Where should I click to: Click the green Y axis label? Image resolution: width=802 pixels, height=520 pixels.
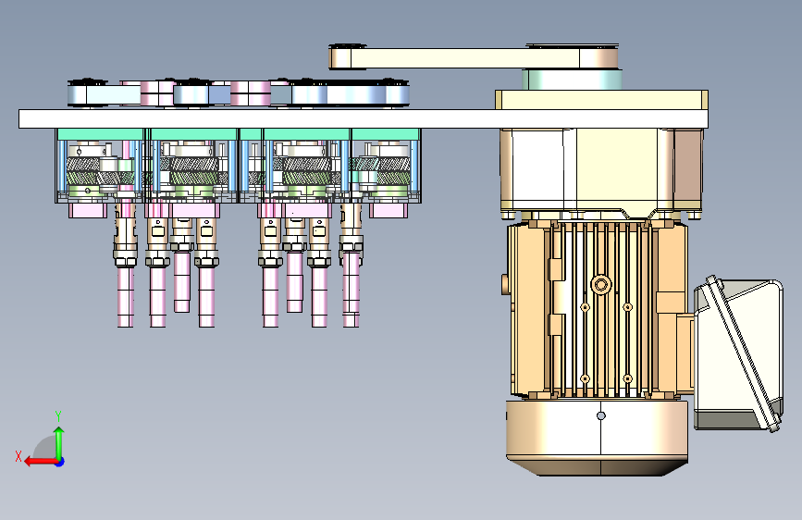(x=58, y=415)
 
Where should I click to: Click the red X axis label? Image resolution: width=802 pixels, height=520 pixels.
(x=19, y=456)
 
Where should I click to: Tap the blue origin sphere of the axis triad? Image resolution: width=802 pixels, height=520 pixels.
(x=60, y=462)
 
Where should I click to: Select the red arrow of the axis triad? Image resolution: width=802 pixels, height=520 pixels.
(x=41, y=462)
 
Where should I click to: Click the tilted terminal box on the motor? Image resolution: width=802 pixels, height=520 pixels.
(x=738, y=354)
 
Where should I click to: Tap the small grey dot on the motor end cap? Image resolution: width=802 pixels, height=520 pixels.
(x=601, y=415)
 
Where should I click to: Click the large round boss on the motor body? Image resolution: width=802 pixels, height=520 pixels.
(x=601, y=285)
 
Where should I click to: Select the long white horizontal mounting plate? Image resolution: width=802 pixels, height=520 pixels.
(x=364, y=118)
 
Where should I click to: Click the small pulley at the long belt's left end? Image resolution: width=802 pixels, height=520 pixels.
(x=347, y=56)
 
